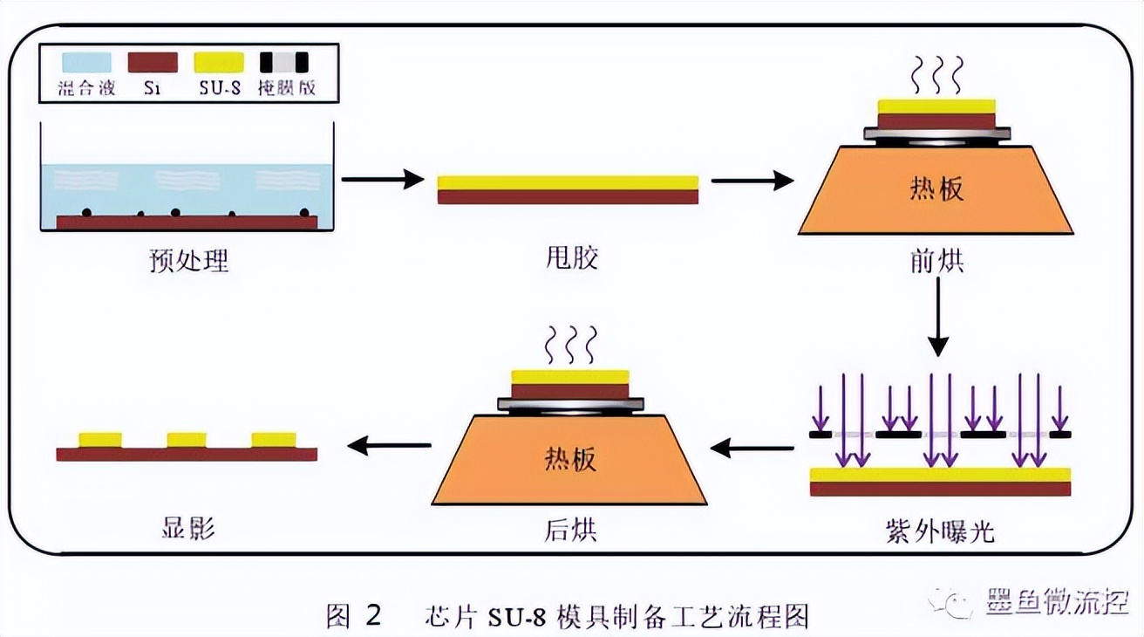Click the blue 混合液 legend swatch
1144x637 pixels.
click(86, 62)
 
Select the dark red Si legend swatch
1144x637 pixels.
click(153, 62)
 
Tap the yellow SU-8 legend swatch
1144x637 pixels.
click(219, 62)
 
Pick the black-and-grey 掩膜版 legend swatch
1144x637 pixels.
click(284, 62)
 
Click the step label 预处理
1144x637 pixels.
click(189, 260)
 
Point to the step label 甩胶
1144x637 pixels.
click(568, 257)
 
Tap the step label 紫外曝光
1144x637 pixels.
click(939, 531)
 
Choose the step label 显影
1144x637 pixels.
click(188, 529)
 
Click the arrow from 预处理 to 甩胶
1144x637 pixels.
click(382, 180)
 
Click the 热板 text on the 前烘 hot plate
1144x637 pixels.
click(936, 188)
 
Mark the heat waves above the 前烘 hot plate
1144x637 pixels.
click(936, 74)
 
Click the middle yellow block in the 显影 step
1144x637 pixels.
click(187, 439)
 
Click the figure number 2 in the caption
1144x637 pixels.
click(372, 615)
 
